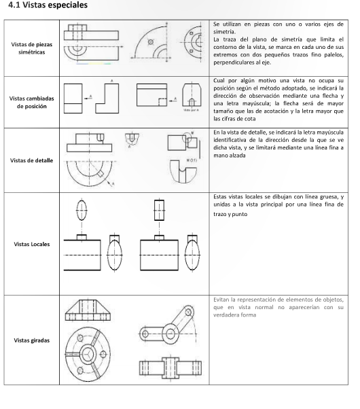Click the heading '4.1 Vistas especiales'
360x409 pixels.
pyautogui.click(x=48, y=5)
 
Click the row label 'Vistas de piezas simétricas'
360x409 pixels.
pyautogui.click(x=31, y=48)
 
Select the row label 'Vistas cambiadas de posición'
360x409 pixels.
pyautogui.click(x=31, y=102)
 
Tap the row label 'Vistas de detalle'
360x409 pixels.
pyautogui.click(x=31, y=160)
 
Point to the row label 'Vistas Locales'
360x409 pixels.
pyautogui.click(x=31, y=244)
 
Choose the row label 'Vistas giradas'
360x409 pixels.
pyautogui.click(x=31, y=340)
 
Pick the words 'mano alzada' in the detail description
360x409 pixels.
pyautogui.click(x=230, y=156)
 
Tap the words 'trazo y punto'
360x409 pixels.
pyautogui.click(x=230, y=214)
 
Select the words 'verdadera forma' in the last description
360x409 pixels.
pyautogui.click(x=235, y=315)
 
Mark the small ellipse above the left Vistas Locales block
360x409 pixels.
pyautogui.click(x=82, y=210)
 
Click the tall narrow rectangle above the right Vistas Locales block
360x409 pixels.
pyautogui.click(x=159, y=210)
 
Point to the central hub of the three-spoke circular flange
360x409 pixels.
pyautogui.click(x=88, y=355)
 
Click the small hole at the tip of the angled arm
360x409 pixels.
pyautogui.click(x=188, y=312)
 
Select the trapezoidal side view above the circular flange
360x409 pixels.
pyautogui.click(x=88, y=310)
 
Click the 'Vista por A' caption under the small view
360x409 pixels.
pyautogui.click(x=192, y=110)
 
